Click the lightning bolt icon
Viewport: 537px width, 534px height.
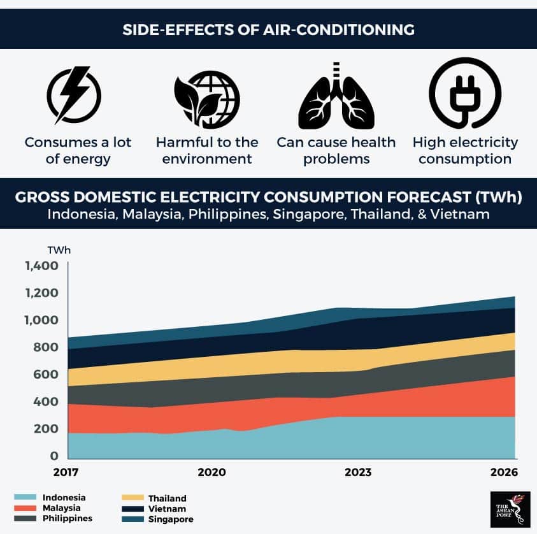(x=74, y=96)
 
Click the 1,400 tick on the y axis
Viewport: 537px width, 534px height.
(x=41, y=266)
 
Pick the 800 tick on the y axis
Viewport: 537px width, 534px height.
(x=47, y=347)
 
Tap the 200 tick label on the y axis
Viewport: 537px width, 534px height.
(x=47, y=429)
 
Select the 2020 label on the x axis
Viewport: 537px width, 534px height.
(x=211, y=473)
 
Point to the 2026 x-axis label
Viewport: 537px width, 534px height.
(x=503, y=473)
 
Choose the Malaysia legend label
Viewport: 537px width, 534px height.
(x=62, y=508)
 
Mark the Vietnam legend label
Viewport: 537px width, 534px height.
(x=167, y=509)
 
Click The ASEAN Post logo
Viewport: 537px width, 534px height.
(x=510, y=509)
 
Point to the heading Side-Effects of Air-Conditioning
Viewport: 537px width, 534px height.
(x=268, y=29)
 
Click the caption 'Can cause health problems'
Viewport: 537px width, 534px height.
(x=336, y=150)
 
